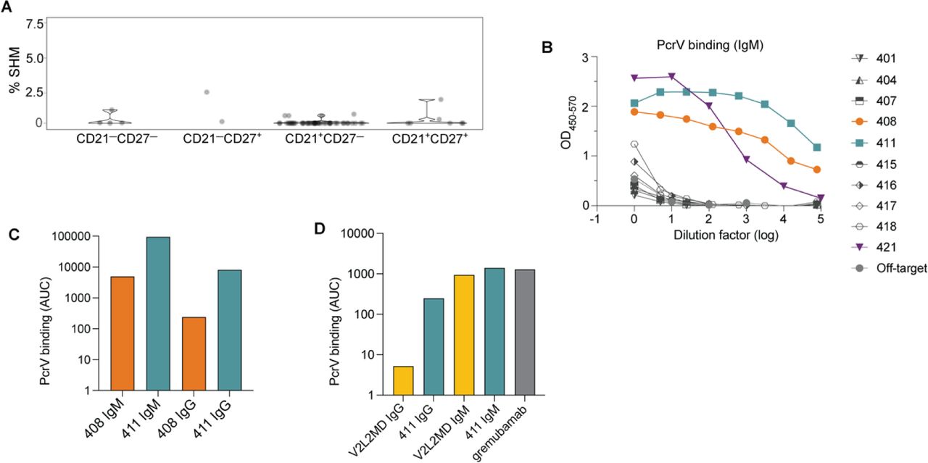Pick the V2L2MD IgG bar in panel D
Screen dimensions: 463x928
click(403, 380)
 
